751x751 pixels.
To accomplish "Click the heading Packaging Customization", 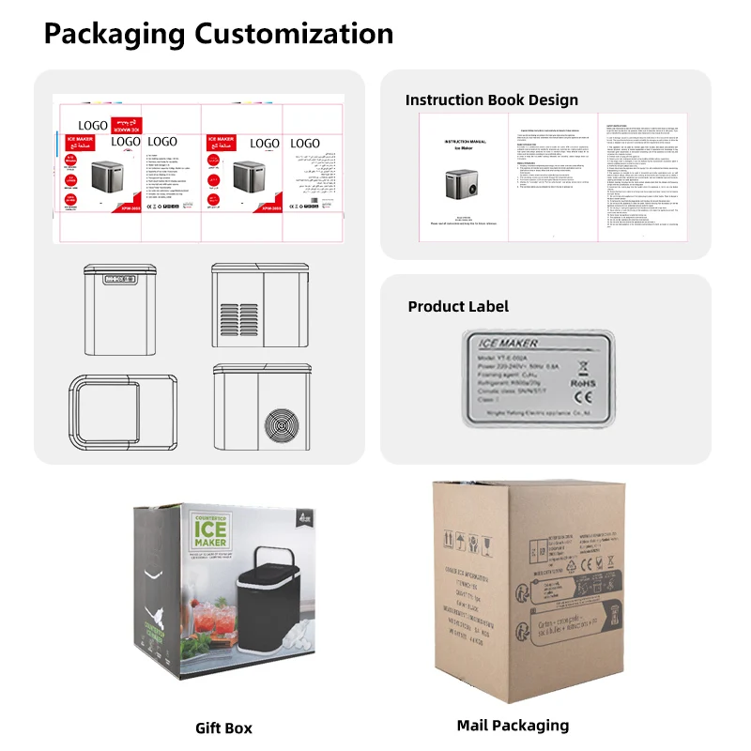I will [218, 34].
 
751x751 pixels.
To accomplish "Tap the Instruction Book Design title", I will [491, 100].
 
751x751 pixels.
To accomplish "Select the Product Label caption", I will [458, 307].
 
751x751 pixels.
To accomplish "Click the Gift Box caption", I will [223, 728].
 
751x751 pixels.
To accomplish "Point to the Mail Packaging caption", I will [513, 725].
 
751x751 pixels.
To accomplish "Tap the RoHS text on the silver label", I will [582, 382].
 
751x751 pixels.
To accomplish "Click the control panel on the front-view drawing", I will [118, 279].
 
